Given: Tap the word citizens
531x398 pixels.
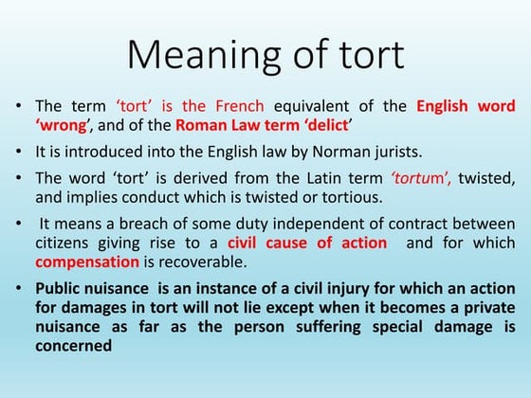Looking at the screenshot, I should click(x=62, y=243).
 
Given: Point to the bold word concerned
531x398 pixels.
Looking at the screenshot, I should click(x=74, y=346).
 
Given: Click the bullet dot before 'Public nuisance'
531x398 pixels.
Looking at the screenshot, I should click(x=22, y=288).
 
